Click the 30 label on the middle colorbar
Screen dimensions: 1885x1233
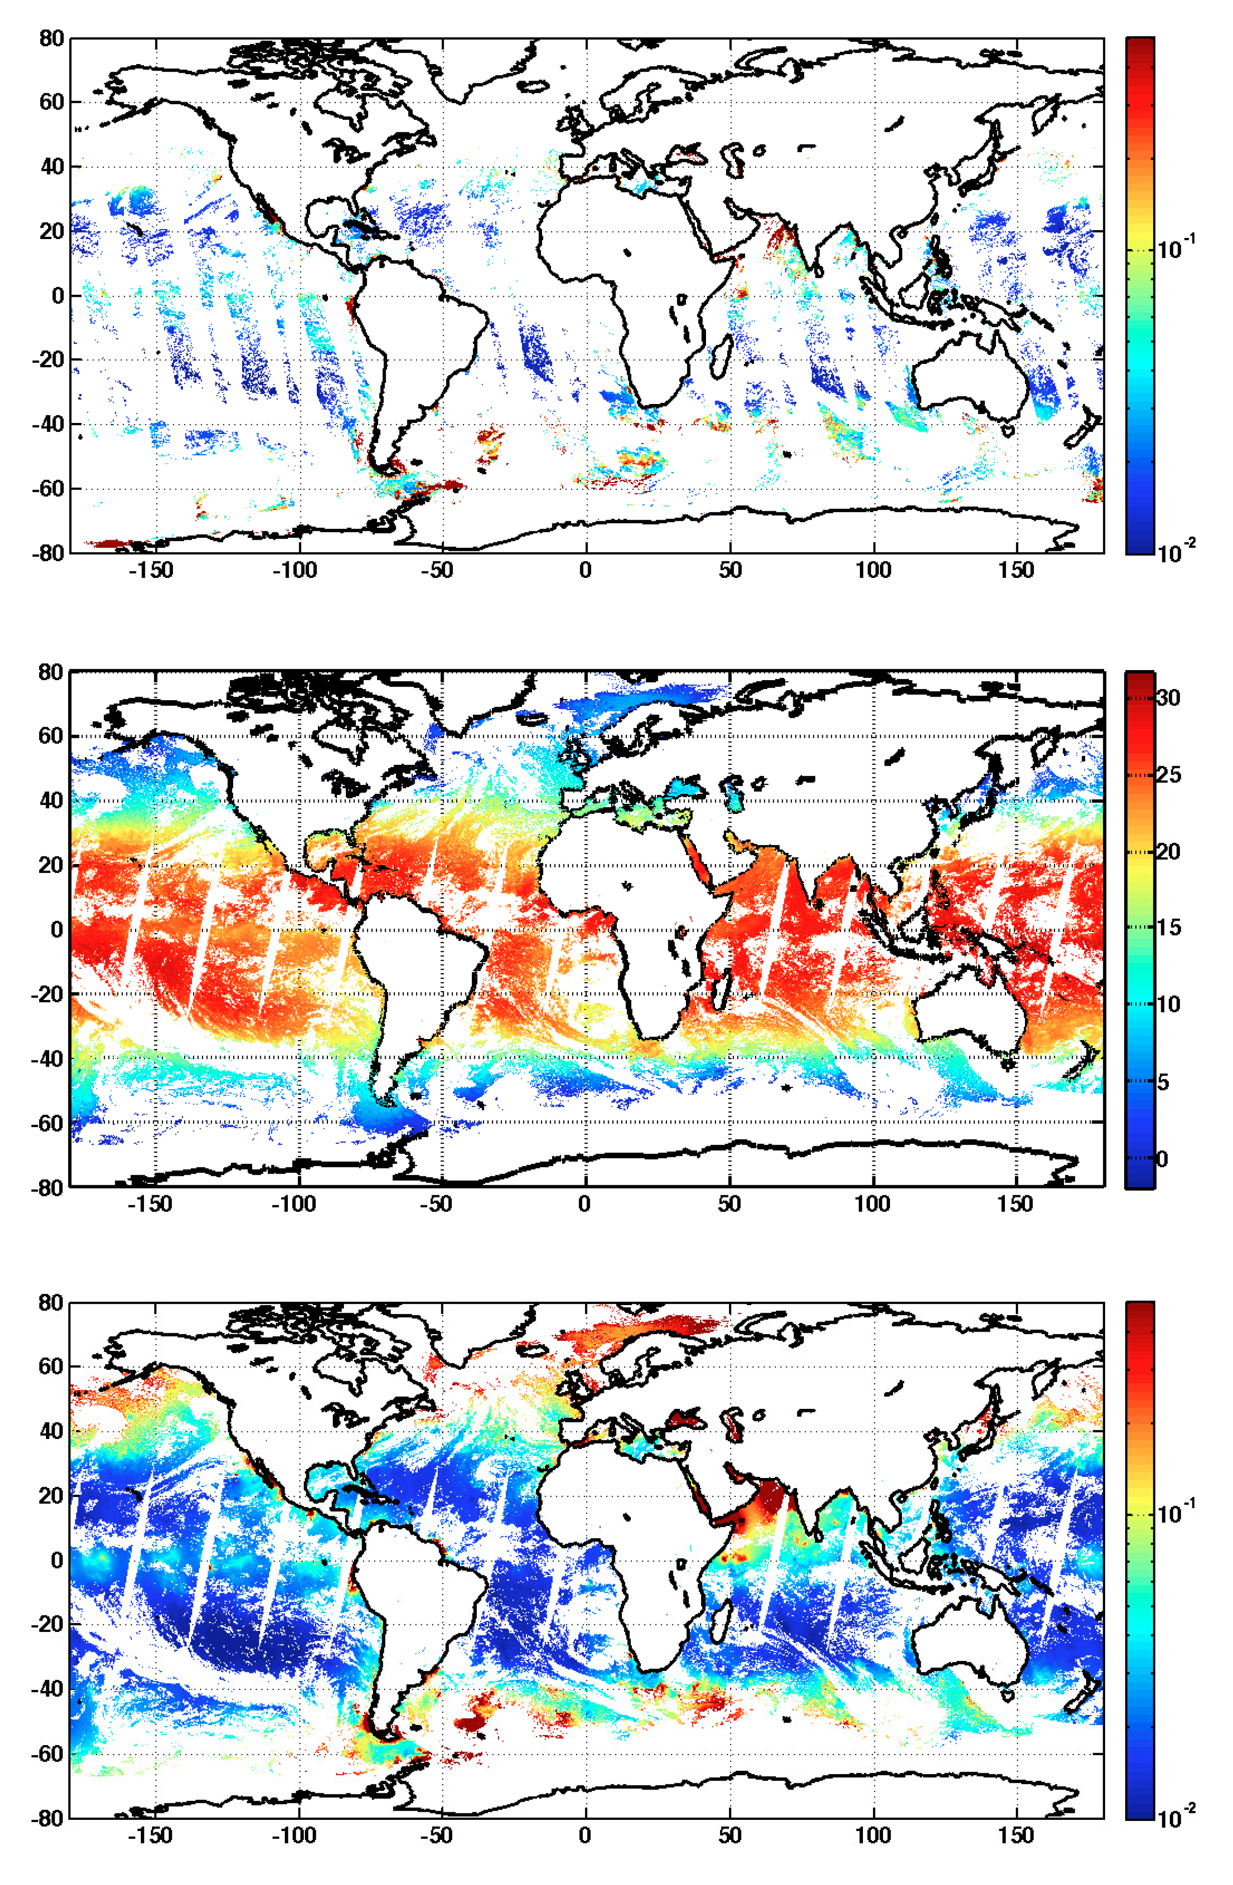(1168, 698)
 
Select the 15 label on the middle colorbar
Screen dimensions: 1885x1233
(1168, 927)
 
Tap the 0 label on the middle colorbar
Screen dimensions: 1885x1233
(1162, 1159)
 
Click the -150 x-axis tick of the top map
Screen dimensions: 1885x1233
(150, 570)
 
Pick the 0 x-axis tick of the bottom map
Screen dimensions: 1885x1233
(585, 1836)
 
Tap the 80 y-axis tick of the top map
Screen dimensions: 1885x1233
(52, 38)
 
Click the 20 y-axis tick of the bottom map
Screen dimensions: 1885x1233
(52, 1496)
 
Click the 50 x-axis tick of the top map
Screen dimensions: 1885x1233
(730, 570)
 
